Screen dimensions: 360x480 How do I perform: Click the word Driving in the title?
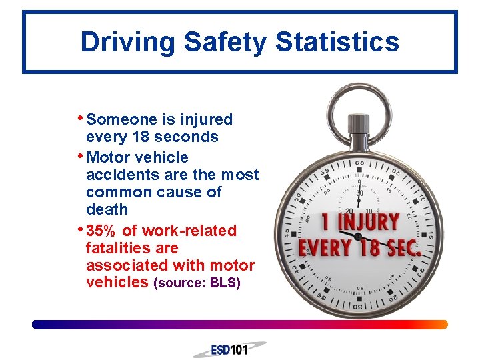(127, 42)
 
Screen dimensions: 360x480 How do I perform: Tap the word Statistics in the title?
(337, 42)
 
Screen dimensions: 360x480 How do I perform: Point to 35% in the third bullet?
(101, 231)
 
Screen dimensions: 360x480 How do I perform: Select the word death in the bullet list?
(107, 209)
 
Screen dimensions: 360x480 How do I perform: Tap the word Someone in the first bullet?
(121, 120)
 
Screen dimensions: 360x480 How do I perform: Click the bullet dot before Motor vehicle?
(81, 156)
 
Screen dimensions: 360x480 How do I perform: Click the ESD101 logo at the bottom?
(229, 349)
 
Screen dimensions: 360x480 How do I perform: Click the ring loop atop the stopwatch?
(359, 100)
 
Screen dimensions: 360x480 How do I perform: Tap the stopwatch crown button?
(360, 124)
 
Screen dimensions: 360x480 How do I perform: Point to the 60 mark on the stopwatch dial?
(360, 163)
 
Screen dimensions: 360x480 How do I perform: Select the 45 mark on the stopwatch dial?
(287, 233)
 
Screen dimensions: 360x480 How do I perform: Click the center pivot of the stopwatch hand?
(359, 237)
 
